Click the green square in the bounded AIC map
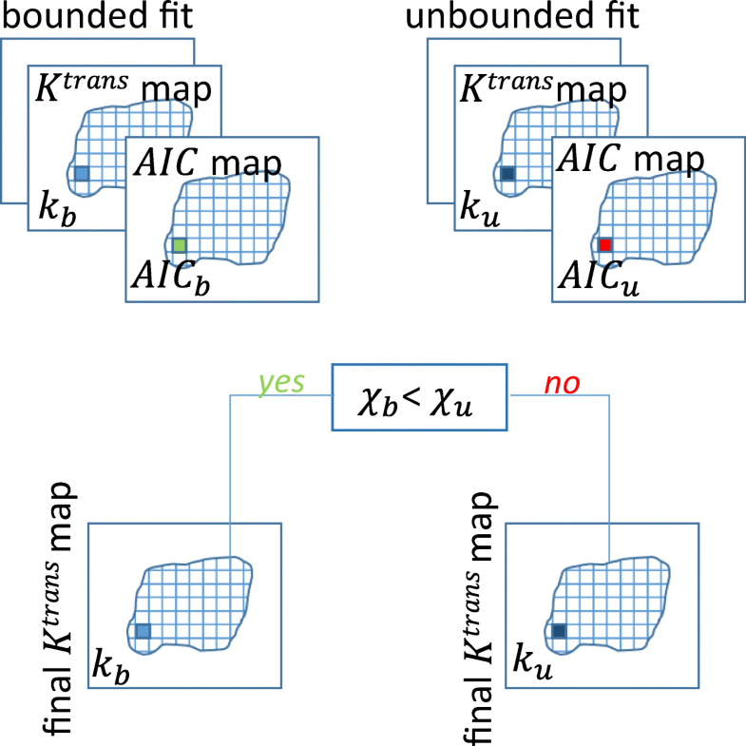[180, 246]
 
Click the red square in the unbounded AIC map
[605, 245]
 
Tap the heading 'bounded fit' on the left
[82, 16]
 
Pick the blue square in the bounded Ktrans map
[81, 174]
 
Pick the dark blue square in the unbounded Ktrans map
[507, 174]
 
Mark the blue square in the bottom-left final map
[143, 631]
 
